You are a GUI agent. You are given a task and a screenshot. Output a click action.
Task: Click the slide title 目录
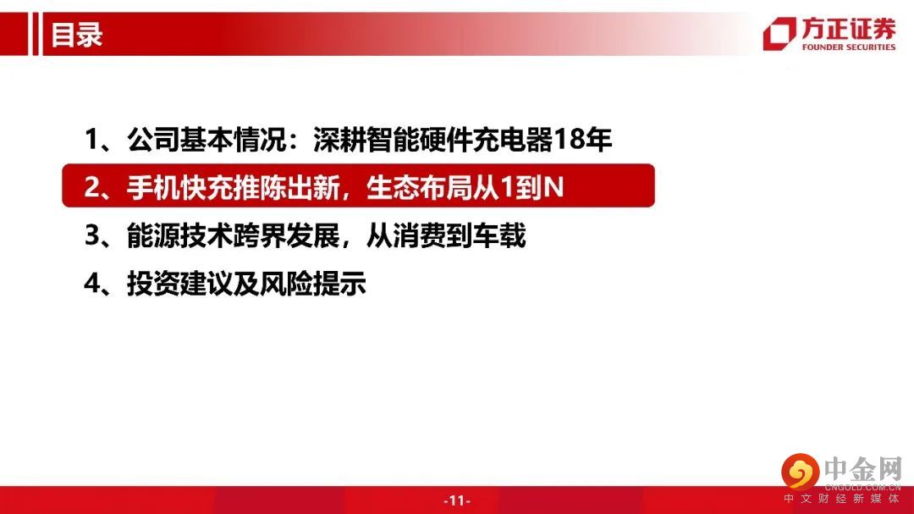76,35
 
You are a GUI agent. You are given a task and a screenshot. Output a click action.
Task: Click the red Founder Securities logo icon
779,33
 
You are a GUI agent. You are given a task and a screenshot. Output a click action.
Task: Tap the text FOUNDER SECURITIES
848,47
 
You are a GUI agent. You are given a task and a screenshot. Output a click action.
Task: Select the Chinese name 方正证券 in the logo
848,29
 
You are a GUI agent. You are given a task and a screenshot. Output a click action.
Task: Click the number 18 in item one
571,140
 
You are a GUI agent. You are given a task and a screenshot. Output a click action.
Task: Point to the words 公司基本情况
207,140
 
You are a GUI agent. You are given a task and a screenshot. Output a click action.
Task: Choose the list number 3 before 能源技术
92,235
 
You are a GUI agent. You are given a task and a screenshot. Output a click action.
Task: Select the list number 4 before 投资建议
92,285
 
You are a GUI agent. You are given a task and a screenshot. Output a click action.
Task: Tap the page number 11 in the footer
457,500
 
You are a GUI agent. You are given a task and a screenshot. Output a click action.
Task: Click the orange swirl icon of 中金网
801,471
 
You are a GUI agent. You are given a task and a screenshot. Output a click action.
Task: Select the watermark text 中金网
863,469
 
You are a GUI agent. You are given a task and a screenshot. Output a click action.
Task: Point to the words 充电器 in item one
512,140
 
